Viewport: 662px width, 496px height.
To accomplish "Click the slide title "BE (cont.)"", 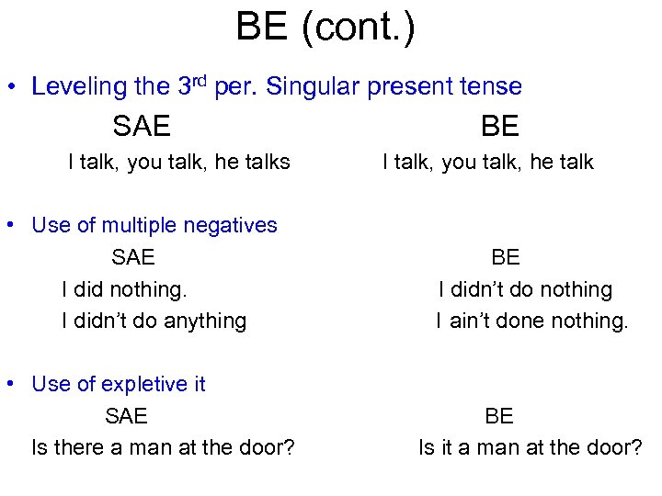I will (x=325, y=27).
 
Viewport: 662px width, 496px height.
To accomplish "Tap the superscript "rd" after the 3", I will (x=202, y=80).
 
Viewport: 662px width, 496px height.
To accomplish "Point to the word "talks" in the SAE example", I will (x=265, y=163).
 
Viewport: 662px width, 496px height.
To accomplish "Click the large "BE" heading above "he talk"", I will (x=499, y=126).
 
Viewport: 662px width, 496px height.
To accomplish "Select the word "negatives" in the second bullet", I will (x=234, y=225).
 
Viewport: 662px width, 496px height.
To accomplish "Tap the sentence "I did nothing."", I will (x=124, y=289).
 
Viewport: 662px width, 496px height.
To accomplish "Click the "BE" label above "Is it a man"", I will (x=498, y=416).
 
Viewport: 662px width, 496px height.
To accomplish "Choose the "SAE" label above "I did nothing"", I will (x=133, y=257).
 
